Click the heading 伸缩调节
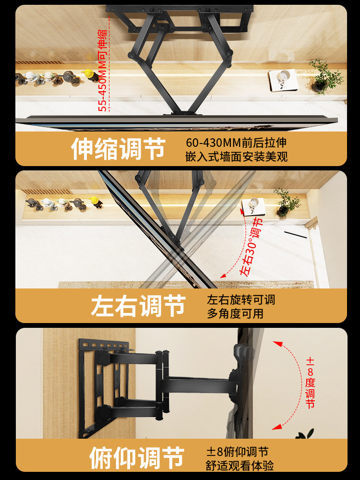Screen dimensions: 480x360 (118, 149)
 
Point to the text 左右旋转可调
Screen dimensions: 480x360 (241, 300)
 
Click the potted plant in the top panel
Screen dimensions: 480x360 (326, 76)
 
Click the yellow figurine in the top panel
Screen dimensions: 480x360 (88, 75)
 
